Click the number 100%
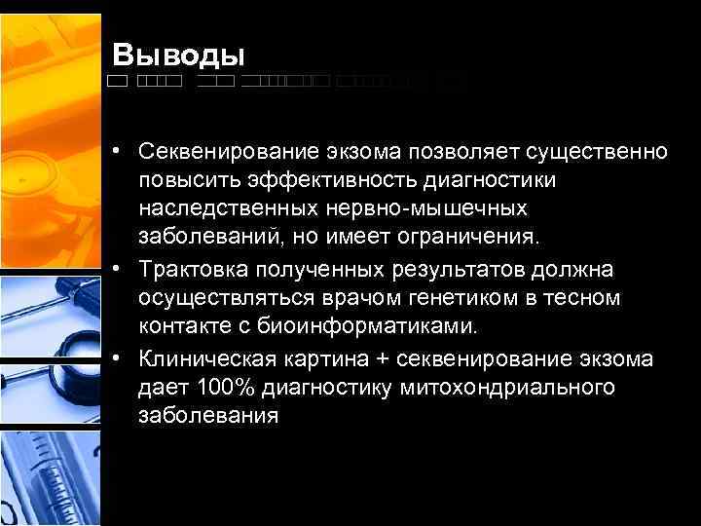click(226, 387)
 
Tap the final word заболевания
click(208, 416)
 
